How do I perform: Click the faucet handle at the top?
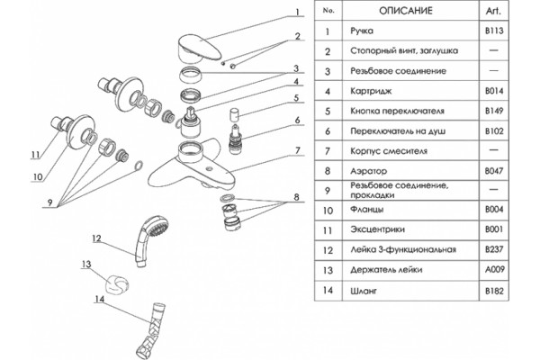[200, 49]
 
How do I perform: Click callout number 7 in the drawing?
[297, 150]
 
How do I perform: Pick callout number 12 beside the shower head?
[96, 238]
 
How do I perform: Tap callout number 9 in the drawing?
[49, 202]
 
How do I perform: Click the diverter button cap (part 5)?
[235, 114]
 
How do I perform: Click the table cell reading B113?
[494, 31]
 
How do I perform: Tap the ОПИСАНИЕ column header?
[405, 11]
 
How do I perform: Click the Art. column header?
[493, 11]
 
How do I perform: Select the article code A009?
[494, 269]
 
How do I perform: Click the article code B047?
[494, 170]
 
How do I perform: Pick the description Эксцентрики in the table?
[377, 229]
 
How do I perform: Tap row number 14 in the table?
[328, 290]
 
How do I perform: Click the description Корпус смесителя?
[389, 151]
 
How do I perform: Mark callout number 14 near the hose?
[99, 299]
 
